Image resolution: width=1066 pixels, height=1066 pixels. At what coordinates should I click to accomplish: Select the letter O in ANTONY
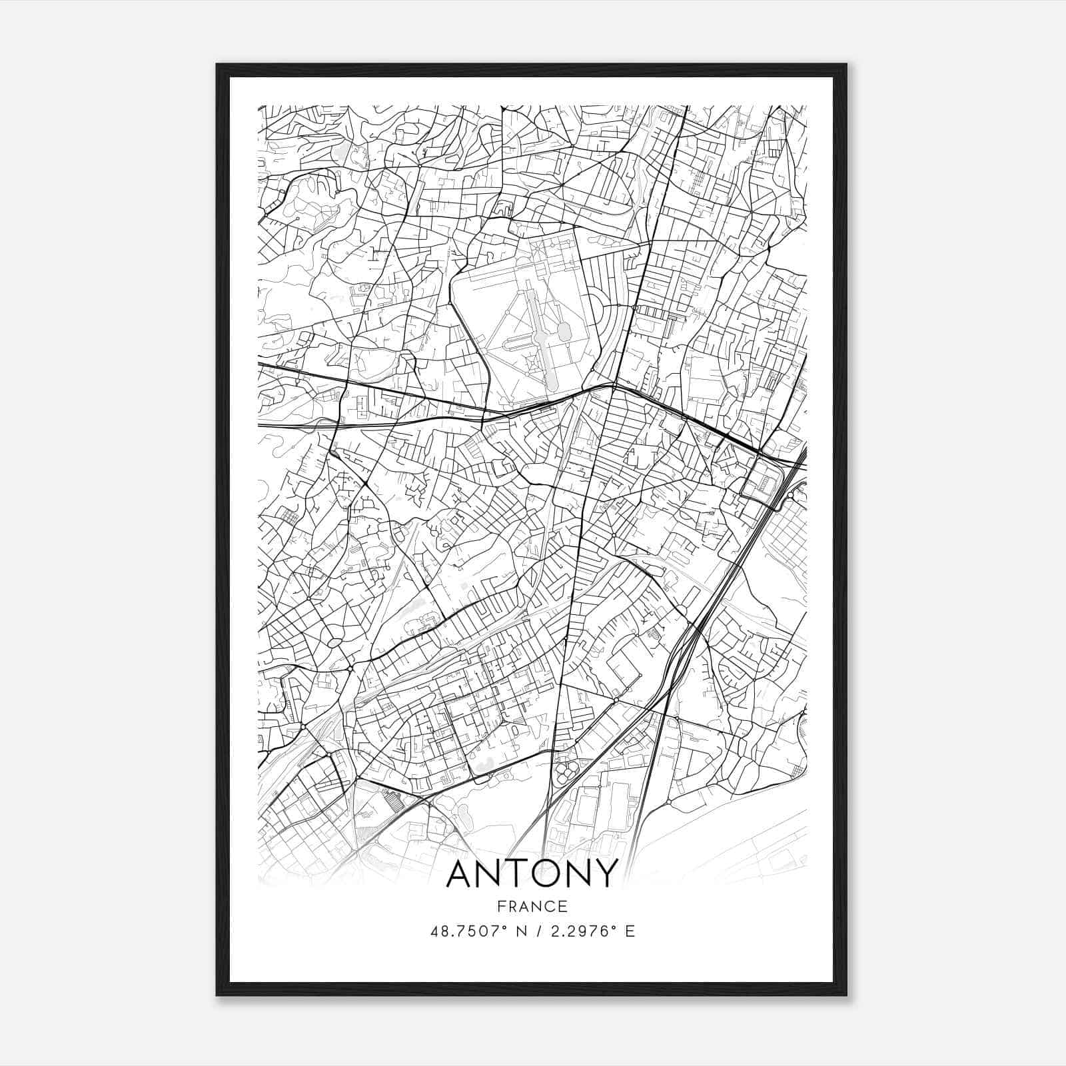coord(551,873)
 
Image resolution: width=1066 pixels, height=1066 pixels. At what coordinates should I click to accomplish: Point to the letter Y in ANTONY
coord(605,873)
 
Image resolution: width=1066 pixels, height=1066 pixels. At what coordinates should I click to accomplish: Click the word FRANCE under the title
coord(532,906)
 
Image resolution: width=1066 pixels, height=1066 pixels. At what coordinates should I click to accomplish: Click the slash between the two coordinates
coord(535,931)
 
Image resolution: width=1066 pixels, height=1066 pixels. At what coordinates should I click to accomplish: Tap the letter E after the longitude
coord(630,931)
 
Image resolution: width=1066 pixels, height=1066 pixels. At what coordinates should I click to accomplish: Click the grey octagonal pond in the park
coord(565,330)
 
